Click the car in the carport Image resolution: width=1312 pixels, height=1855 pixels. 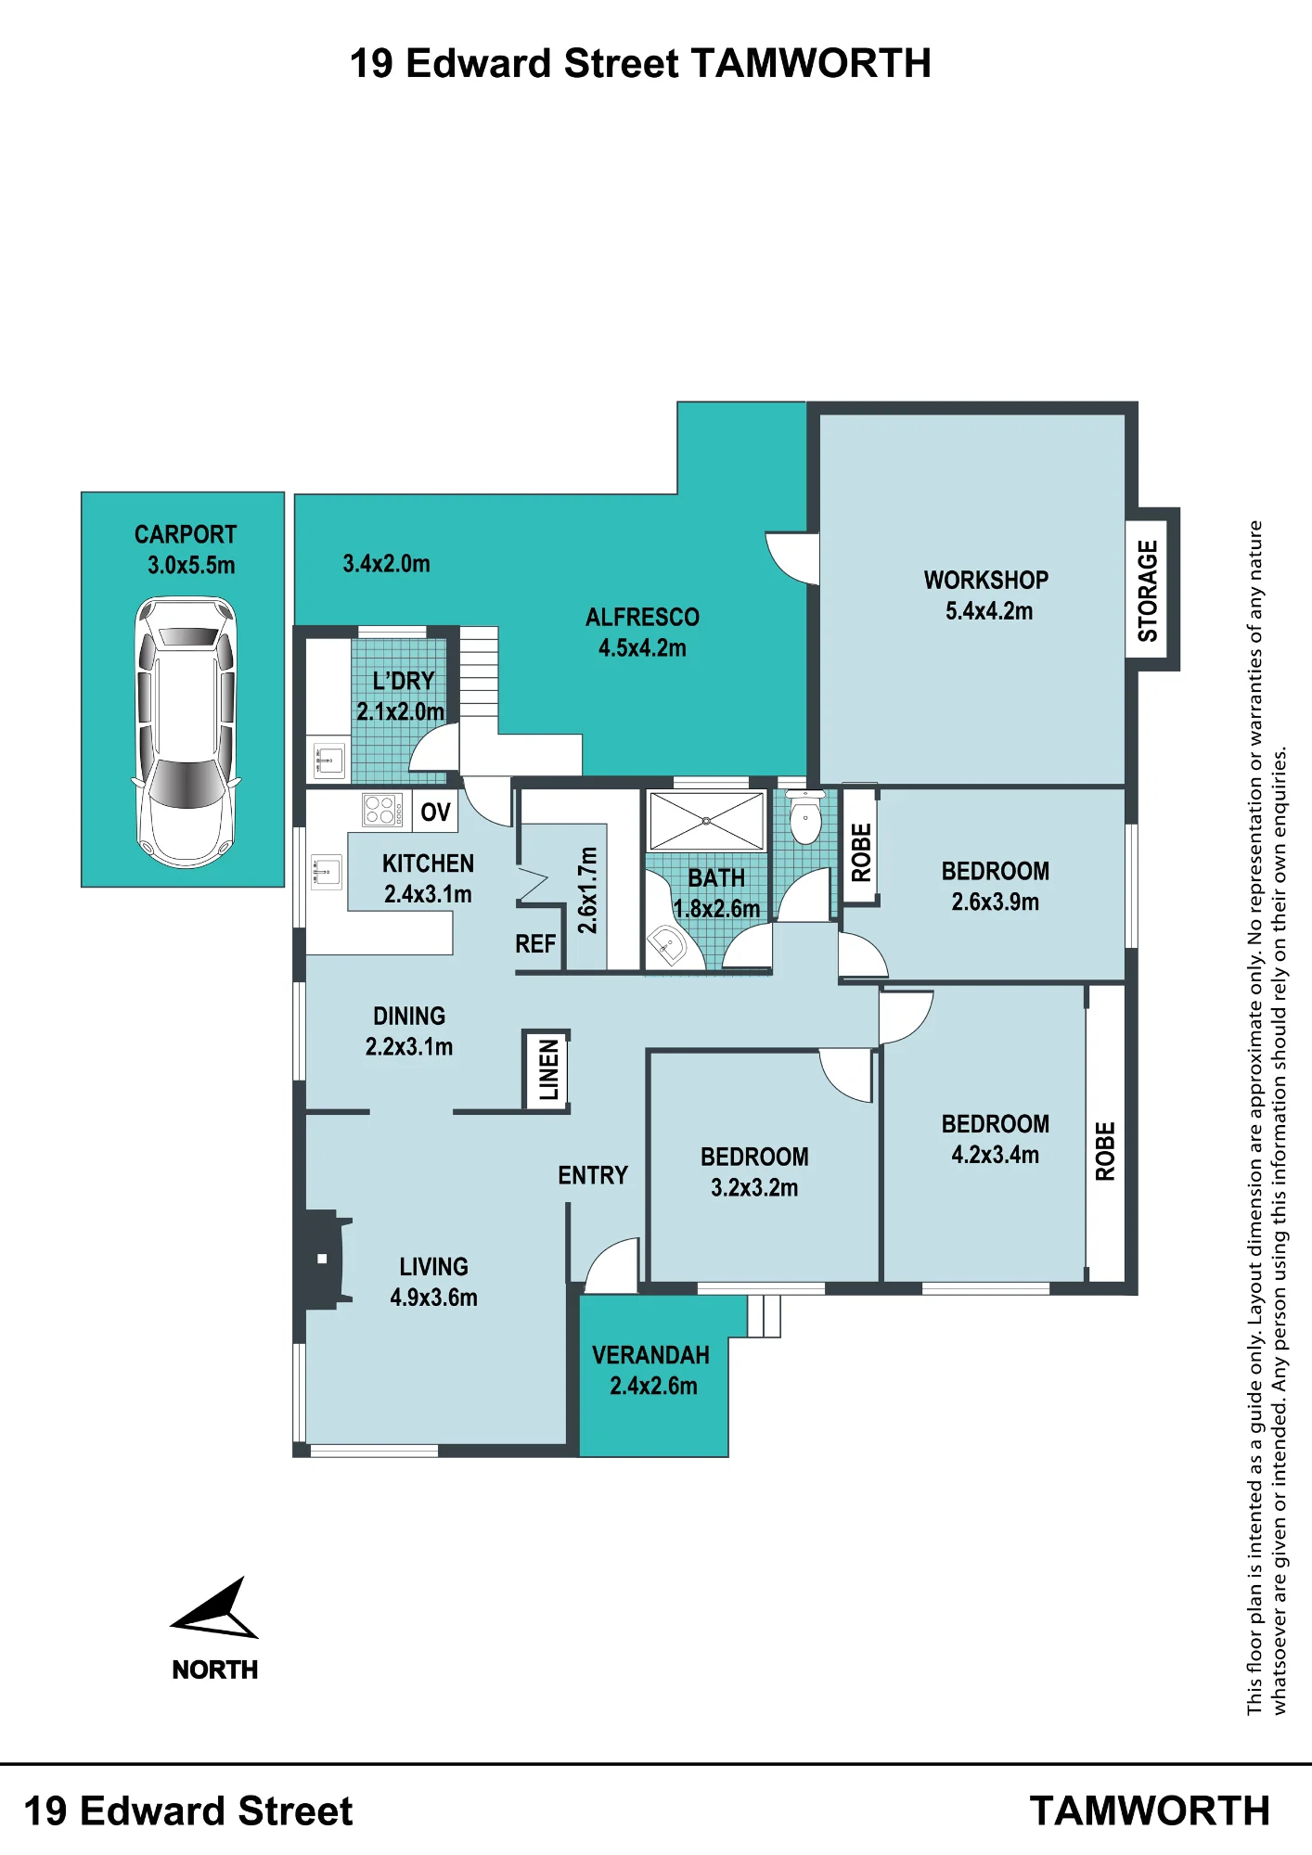(187, 732)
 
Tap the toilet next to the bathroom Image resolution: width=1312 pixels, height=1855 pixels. (805, 817)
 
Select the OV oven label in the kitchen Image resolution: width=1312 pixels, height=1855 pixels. (435, 812)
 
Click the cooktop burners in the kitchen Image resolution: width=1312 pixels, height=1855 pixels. (380, 810)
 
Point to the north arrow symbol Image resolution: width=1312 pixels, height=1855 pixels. (215, 1609)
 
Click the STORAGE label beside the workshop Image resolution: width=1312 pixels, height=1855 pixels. (1149, 591)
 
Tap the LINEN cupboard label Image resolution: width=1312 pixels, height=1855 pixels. (548, 1069)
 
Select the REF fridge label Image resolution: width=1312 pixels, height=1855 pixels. (535, 944)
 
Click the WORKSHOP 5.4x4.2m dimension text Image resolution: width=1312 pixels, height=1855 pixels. (989, 611)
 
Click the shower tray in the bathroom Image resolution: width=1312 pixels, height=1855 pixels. (706, 821)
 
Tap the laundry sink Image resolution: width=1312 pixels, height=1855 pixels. (328, 761)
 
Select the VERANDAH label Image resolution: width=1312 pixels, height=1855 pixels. (650, 1355)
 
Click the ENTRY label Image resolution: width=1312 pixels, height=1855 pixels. (593, 1176)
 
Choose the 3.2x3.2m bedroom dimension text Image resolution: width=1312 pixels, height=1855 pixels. (754, 1188)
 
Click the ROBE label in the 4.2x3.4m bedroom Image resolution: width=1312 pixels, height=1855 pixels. (1105, 1151)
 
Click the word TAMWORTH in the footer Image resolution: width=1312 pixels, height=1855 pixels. (1150, 1810)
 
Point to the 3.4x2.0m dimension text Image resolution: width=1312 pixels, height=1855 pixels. (386, 564)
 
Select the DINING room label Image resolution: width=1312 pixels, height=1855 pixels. (409, 1017)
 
